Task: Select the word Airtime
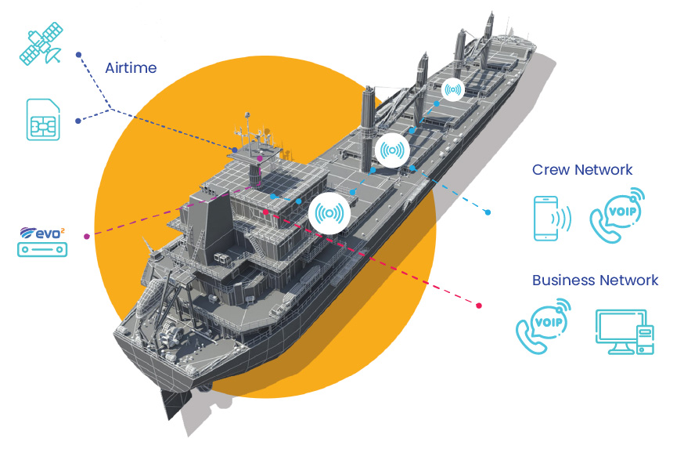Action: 130,68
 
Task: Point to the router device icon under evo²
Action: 42,250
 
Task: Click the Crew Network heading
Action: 582,169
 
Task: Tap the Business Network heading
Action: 595,280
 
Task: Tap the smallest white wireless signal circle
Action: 452,90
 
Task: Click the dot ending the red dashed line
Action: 479,304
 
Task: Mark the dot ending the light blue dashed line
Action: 488,212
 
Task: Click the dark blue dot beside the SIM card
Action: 77,121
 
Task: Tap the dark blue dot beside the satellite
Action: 78,55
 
